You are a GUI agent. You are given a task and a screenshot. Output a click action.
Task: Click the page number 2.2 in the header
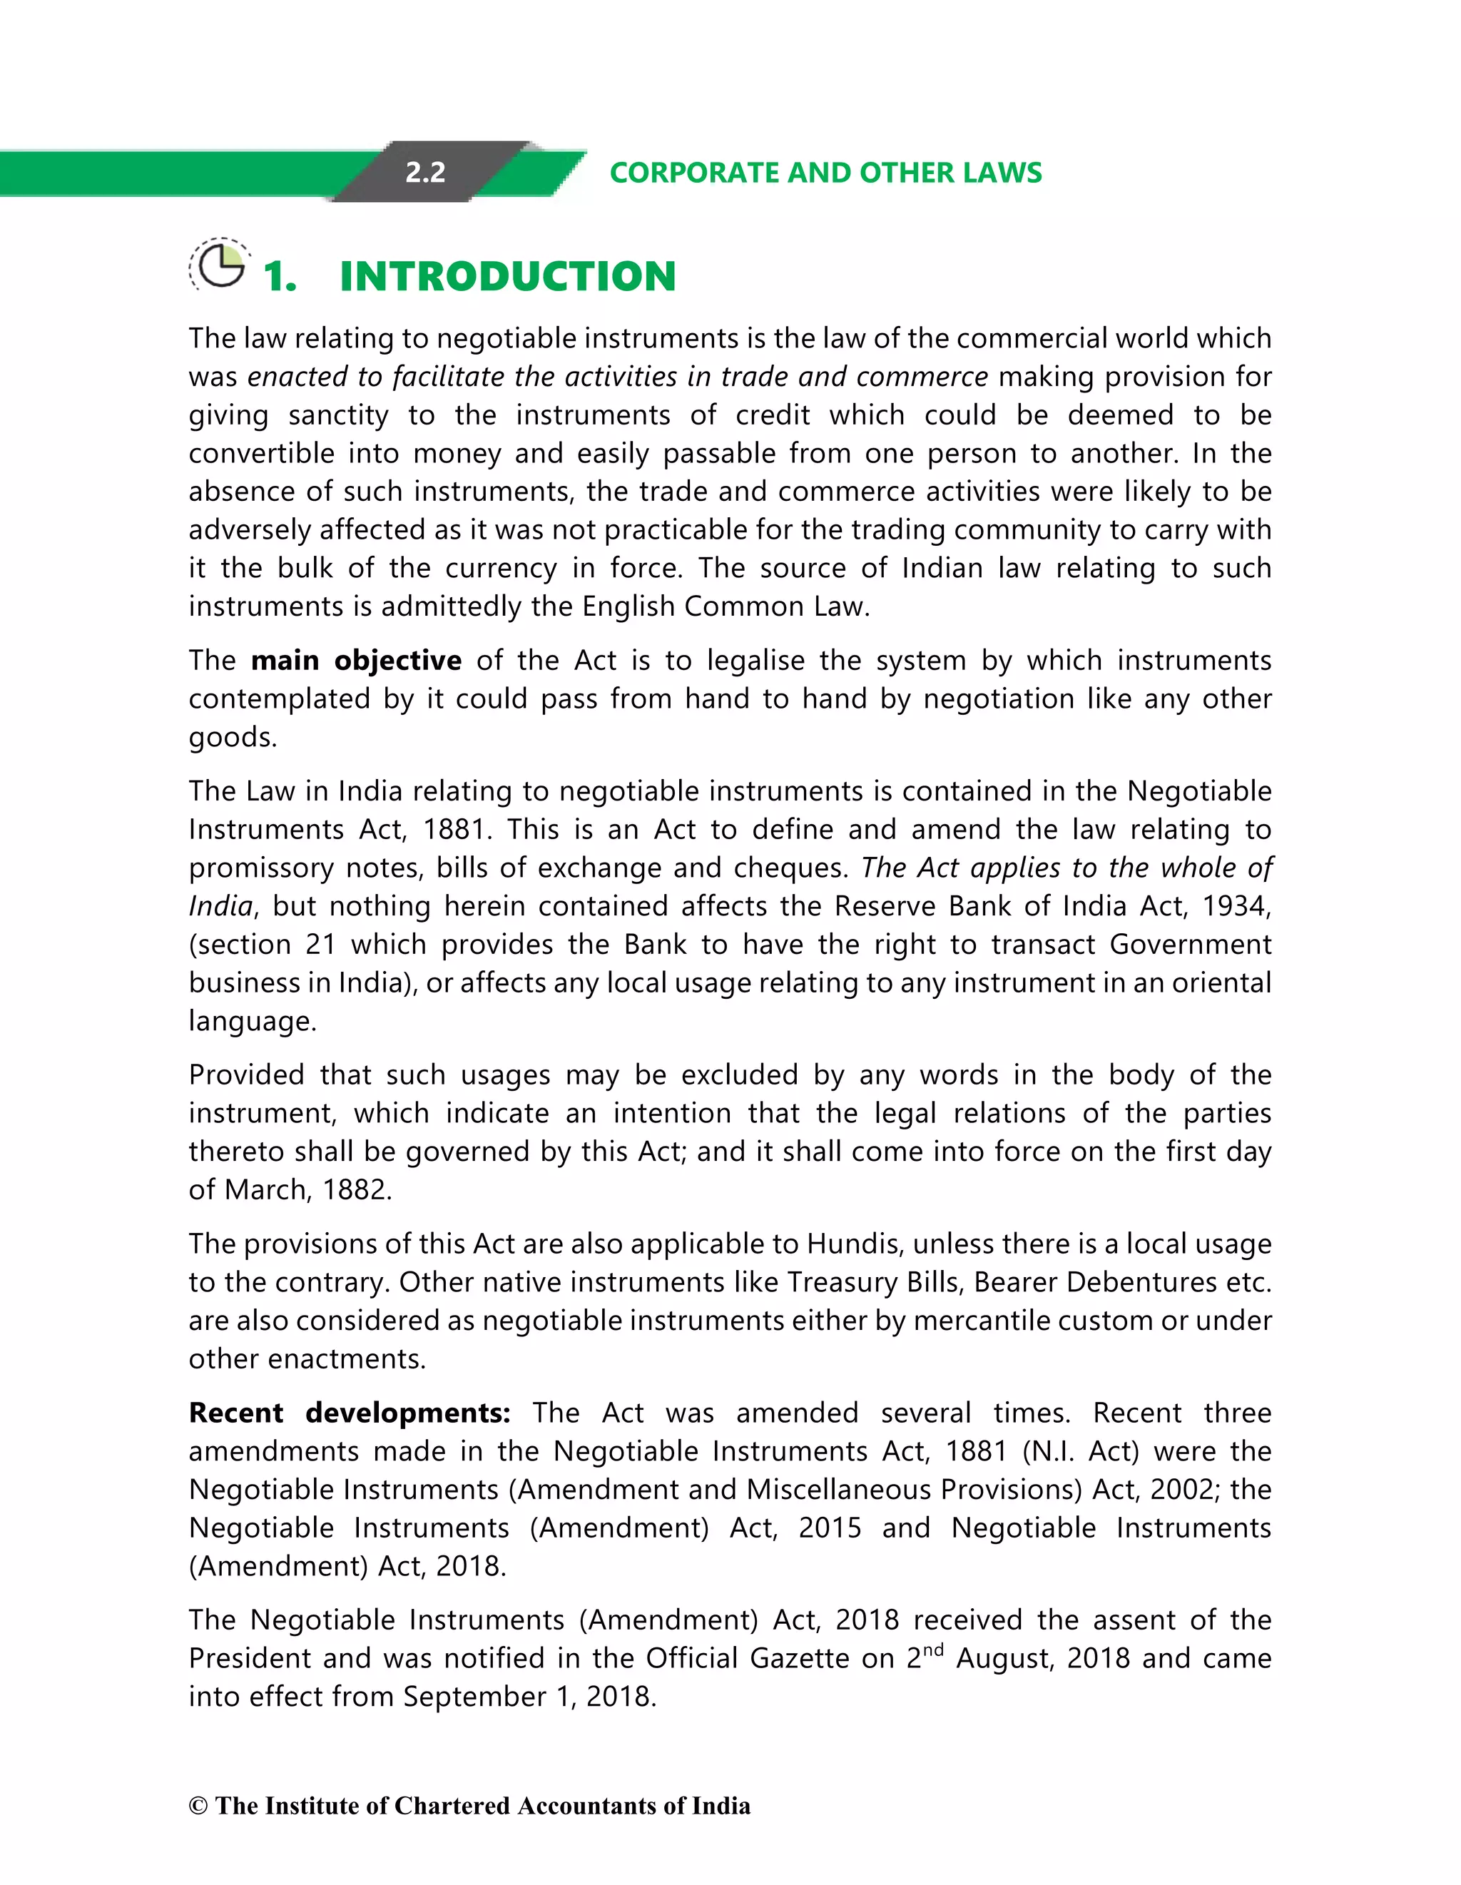click(x=425, y=173)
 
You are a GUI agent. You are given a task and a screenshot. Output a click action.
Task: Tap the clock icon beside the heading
click(x=220, y=265)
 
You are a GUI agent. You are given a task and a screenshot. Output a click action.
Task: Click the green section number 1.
click(x=279, y=277)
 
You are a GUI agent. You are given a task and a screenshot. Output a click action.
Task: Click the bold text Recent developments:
click(x=350, y=1413)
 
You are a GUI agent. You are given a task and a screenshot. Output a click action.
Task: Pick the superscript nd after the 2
click(x=934, y=1650)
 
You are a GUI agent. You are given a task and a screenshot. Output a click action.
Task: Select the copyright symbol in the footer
click(x=198, y=1807)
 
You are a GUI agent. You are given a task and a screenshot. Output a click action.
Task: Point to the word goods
click(x=232, y=738)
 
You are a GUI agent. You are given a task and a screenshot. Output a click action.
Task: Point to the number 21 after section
click(x=320, y=945)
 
